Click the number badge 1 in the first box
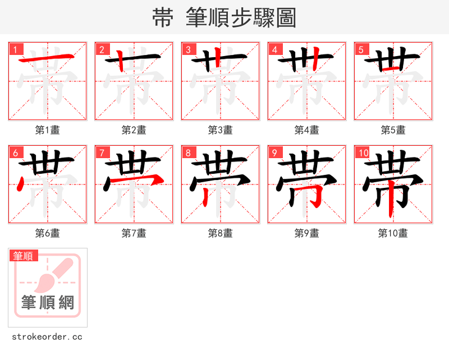tap(16, 50)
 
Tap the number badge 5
tap(361, 50)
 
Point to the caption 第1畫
tap(48, 130)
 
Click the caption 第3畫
tap(221, 130)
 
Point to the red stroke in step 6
tap(21, 183)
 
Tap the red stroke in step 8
tap(207, 194)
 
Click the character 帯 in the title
tap(162, 18)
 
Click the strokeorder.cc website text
tap(47, 337)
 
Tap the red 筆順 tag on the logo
tap(24, 256)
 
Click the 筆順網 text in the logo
tap(48, 303)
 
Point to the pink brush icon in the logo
tap(53, 274)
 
